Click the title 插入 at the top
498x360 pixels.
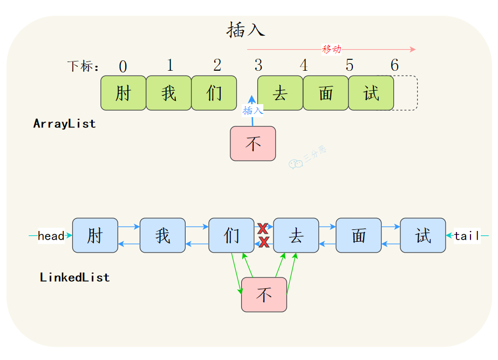(245, 30)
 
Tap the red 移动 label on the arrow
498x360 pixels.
(331, 49)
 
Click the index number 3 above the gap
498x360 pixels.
(258, 66)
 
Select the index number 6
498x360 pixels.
(394, 66)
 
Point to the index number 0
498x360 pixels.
(123, 67)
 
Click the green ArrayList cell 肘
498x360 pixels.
(123, 93)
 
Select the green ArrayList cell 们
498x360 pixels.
(214, 93)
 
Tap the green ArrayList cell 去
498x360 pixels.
(280, 93)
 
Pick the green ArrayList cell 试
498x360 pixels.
(371, 93)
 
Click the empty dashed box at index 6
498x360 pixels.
(406, 93)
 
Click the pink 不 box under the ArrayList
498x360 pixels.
(253, 144)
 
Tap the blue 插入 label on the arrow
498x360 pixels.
(253, 111)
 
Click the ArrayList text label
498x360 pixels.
(65, 124)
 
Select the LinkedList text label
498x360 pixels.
(74, 277)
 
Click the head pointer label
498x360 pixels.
(51, 236)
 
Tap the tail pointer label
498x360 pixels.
(466, 236)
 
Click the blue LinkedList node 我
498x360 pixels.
(162, 235)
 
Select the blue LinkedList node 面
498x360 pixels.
(359, 235)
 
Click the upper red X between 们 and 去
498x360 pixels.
(264, 228)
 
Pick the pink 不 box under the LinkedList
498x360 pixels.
(264, 295)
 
